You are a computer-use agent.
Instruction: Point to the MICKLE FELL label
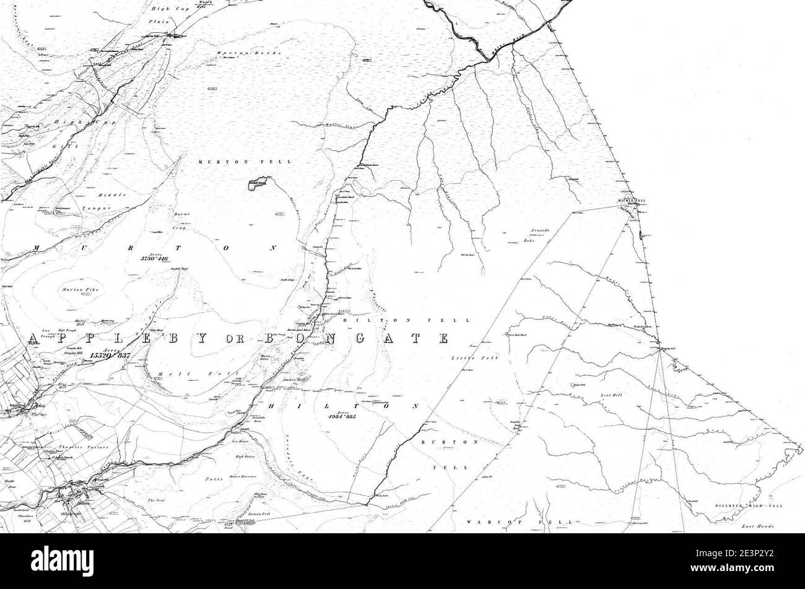(x=632, y=201)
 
